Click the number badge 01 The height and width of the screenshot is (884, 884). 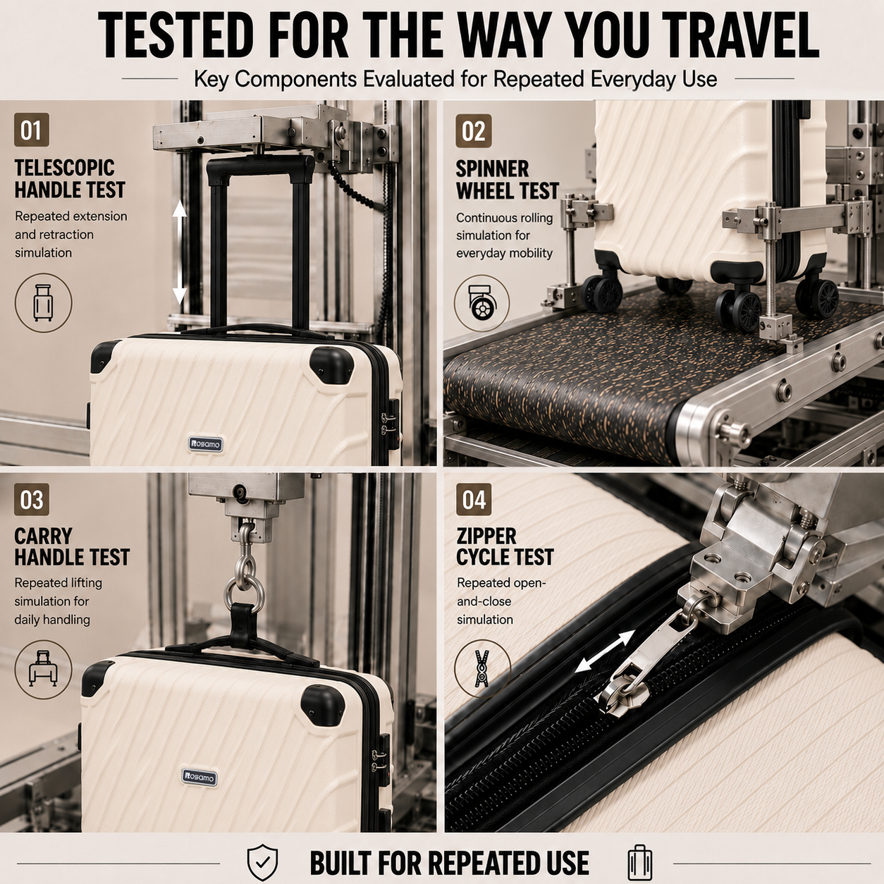[31, 130]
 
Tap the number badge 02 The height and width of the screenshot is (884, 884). [473, 131]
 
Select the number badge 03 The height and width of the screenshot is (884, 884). [31, 500]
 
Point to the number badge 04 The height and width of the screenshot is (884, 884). [474, 500]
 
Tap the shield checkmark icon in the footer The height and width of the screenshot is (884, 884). [262, 849]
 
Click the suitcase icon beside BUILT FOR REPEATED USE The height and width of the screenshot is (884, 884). [639, 849]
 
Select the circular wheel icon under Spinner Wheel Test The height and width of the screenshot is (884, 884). [481, 302]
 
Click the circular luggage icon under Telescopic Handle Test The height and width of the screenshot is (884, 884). [43, 302]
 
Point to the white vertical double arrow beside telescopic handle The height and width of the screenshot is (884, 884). [179, 254]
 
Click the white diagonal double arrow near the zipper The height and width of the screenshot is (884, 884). [605, 651]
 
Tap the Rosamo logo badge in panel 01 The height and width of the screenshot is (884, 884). [206, 443]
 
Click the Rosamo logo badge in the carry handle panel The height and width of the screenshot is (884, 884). [199, 776]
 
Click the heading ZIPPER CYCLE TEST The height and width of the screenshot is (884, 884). [505, 546]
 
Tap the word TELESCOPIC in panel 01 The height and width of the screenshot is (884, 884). [64, 168]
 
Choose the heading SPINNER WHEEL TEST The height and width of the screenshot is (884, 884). [507, 180]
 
